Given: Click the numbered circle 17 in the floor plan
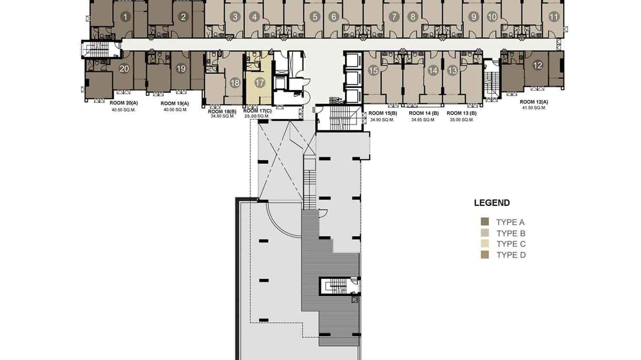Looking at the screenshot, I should (x=259, y=83).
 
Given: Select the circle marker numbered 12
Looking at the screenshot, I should (x=538, y=65).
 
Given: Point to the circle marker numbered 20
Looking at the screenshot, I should (x=124, y=69).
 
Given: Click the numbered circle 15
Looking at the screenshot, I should (x=374, y=71).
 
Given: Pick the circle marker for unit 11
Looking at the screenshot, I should (x=554, y=17).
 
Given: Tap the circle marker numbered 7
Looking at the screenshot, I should (x=394, y=17).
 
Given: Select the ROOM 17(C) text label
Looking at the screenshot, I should (x=257, y=110).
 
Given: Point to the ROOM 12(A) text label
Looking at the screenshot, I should (x=534, y=102).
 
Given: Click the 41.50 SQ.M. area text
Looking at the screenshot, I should (x=534, y=108).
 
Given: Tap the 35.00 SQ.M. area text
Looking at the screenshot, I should (x=461, y=120).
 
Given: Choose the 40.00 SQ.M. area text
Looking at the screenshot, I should (x=174, y=109).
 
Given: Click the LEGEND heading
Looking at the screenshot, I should (x=491, y=203).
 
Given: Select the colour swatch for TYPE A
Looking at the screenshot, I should (x=485, y=222).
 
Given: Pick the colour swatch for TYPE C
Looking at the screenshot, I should (x=485, y=244).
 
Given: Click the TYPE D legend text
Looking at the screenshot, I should (x=511, y=255).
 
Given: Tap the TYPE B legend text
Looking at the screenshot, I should (x=511, y=233).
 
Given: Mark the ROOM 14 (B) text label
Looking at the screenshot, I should (x=424, y=113).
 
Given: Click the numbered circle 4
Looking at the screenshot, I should (x=255, y=17).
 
